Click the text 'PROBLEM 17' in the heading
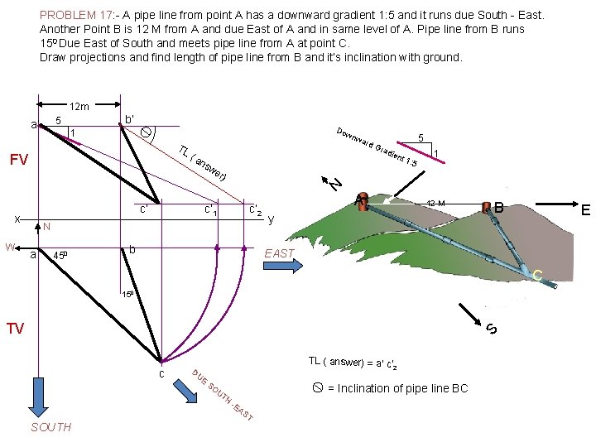click(x=73, y=15)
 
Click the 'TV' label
click(x=16, y=329)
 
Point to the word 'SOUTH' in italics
click(x=50, y=427)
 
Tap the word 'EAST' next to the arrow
click(x=279, y=253)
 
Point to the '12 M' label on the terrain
click(x=435, y=204)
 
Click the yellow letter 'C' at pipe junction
click(x=537, y=275)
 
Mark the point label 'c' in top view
click(x=161, y=374)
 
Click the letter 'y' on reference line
click(x=271, y=219)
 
